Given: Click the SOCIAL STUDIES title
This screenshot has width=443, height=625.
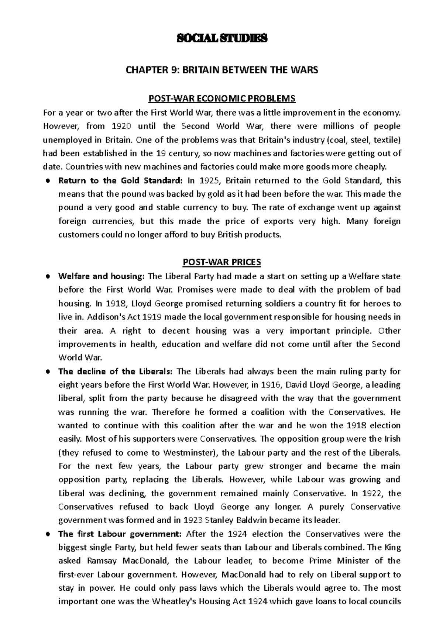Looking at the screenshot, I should pos(221,38).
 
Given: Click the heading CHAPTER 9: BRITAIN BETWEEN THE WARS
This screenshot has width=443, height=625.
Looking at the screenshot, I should pos(221,70).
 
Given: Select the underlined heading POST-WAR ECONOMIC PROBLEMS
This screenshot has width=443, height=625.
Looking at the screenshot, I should pos(221,99).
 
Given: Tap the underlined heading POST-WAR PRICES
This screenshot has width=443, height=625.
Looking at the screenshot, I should pos(221,262).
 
